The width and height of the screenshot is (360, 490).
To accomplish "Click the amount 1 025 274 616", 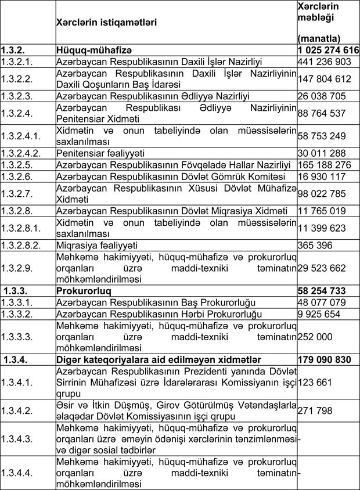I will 327,51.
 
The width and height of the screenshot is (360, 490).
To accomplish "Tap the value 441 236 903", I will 324,62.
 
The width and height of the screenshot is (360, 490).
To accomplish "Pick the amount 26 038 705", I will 323,96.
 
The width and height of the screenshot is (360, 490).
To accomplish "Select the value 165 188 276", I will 324,165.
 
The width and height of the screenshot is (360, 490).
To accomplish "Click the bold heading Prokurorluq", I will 84,289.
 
